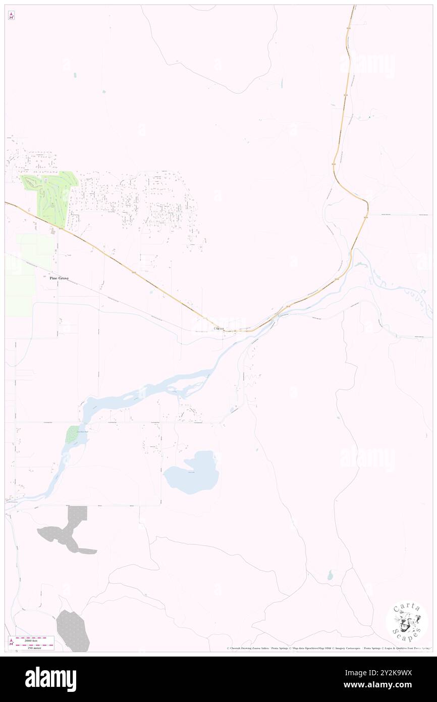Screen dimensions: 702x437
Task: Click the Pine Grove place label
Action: (x=59, y=278)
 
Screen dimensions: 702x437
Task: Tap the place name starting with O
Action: (x=219, y=329)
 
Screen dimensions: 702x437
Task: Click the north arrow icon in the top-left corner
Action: (x=11, y=16)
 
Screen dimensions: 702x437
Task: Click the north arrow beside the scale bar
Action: (x=11, y=642)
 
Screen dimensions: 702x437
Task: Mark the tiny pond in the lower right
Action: (x=330, y=575)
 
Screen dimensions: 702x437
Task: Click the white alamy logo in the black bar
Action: (x=50, y=679)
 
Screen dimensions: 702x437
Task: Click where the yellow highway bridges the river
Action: (x=277, y=315)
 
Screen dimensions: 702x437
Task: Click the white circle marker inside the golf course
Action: (x=46, y=180)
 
